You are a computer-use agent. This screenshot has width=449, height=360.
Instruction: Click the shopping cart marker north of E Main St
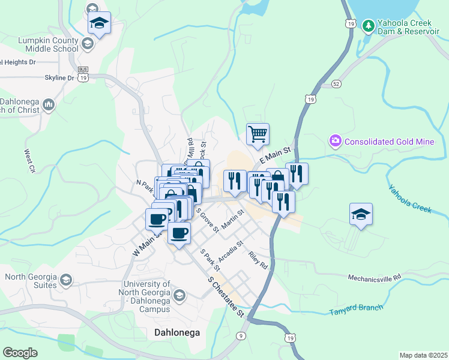(x=258, y=134)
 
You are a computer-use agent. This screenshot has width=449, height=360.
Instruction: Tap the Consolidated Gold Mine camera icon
(x=335, y=142)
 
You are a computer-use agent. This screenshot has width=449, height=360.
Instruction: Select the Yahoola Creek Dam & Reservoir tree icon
(x=368, y=26)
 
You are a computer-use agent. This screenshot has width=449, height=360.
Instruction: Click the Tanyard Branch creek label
(x=356, y=310)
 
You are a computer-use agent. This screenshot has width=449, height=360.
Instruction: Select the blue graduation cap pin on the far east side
(x=361, y=214)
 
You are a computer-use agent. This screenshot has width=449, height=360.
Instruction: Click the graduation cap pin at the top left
(x=99, y=23)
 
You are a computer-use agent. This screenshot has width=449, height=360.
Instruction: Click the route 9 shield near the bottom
(x=241, y=336)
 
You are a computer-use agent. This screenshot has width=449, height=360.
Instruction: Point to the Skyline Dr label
(x=59, y=78)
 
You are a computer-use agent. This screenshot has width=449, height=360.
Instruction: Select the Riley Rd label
(x=258, y=259)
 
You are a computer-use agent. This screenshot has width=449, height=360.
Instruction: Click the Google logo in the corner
(x=20, y=353)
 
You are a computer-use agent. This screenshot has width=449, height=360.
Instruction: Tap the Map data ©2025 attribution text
(x=423, y=355)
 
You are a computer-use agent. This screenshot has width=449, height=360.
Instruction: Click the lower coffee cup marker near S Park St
(x=178, y=233)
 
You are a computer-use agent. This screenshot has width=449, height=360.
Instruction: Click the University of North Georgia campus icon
(x=179, y=295)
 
